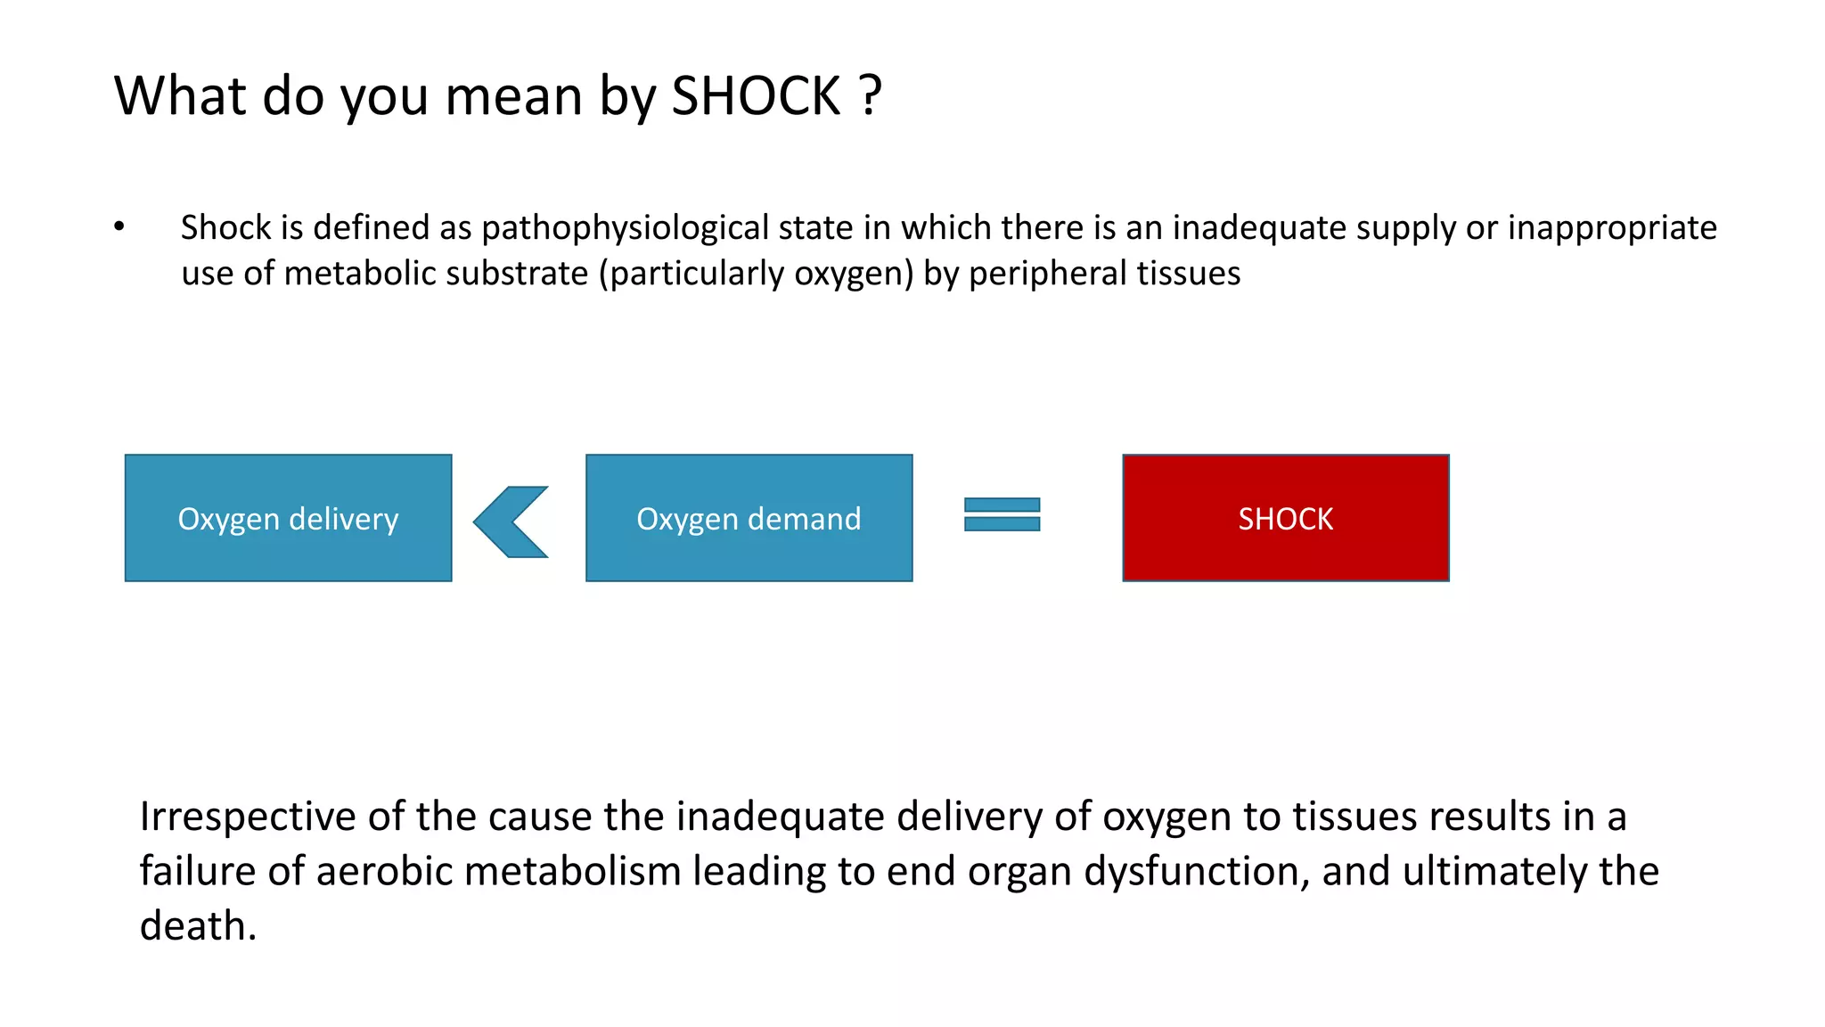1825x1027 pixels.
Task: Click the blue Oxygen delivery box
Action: pyautogui.click(x=288, y=518)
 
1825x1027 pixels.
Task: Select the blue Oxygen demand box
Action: pyautogui.click(x=749, y=518)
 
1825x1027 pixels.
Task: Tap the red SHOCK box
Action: pyautogui.click(x=1285, y=518)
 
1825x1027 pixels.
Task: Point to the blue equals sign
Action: pyautogui.click(x=1002, y=514)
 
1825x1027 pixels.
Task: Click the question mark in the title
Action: pyautogui.click(x=871, y=95)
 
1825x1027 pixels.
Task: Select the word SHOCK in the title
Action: pyautogui.click(x=756, y=95)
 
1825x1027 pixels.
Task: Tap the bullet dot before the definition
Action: pyautogui.click(x=119, y=226)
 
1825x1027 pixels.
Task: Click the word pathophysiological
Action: pyautogui.click(x=625, y=228)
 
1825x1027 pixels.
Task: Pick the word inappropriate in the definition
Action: pyautogui.click(x=1612, y=228)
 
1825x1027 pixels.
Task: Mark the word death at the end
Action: pyautogui.click(x=197, y=925)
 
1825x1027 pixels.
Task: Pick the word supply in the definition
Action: pyautogui.click(x=1405, y=228)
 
